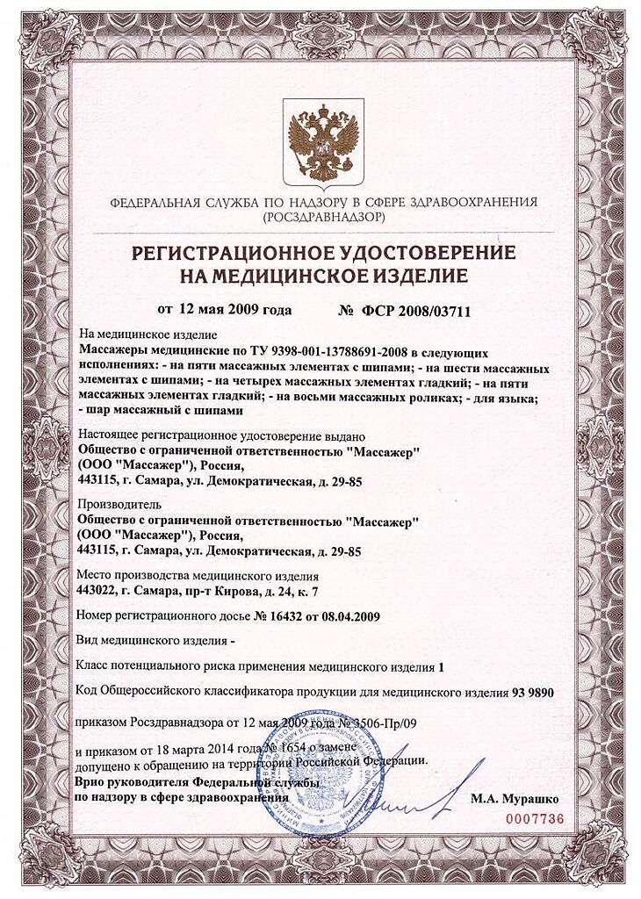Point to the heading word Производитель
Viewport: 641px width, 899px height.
[x=116, y=506]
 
